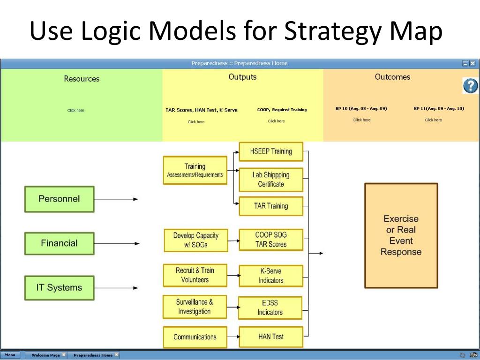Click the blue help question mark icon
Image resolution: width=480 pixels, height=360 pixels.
click(470, 86)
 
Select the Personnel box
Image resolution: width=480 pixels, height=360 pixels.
click(59, 199)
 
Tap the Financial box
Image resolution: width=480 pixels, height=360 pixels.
click(59, 243)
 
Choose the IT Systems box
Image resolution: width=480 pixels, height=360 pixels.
click(59, 288)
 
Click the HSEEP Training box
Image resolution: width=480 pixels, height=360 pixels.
click(271, 151)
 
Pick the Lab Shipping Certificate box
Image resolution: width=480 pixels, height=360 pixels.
click(271, 179)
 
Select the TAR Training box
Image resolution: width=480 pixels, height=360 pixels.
click(271, 206)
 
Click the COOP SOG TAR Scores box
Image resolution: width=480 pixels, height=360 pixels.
click(271, 240)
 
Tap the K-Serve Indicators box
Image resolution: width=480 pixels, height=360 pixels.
click(271, 276)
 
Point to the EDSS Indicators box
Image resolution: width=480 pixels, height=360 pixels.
click(271, 307)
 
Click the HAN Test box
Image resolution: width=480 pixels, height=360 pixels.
click(271, 337)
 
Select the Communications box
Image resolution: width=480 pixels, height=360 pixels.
click(195, 337)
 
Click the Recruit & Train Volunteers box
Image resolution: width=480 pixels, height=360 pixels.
click(195, 275)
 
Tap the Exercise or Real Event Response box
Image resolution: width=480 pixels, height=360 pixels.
click(401, 235)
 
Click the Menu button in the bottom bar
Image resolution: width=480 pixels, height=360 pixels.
click(10, 355)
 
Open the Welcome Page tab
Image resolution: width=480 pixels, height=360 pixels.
click(45, 355)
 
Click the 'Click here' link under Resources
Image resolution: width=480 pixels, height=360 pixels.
click(76, 110)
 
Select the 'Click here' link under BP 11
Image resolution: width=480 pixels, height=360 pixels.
click(433, 120)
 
